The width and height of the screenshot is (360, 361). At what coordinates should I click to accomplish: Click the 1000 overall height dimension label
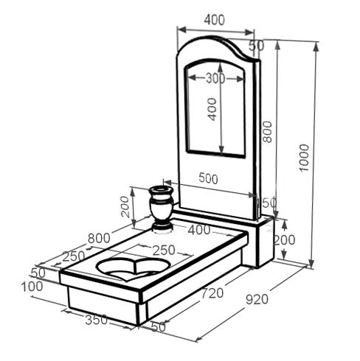pyautogui.click(x=304, y=158)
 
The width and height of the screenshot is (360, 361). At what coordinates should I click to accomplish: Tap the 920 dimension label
pyautogui.click(x=257, y=299)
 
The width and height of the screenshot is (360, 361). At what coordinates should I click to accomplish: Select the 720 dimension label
pyautogui.click(x=212, y=292)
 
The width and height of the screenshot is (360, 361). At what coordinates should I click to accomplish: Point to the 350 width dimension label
pyautogui.click(x=96, y=320)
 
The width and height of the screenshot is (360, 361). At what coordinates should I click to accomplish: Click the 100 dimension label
pyautogui.click(x=32, y=287)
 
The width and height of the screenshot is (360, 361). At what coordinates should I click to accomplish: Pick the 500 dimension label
pyautogui.click(x=208, y=178)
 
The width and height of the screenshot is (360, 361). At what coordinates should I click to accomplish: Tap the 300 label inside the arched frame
pyautogui.click(x=215, y=78)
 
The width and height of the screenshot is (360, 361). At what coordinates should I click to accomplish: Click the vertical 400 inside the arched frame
pyautogui.click(x=212, y=109)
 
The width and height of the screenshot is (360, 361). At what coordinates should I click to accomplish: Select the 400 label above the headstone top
pyautogui.click(x=215, y=20)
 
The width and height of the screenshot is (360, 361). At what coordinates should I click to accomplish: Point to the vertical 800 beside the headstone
pyautogui.click(x=268, y=132)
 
